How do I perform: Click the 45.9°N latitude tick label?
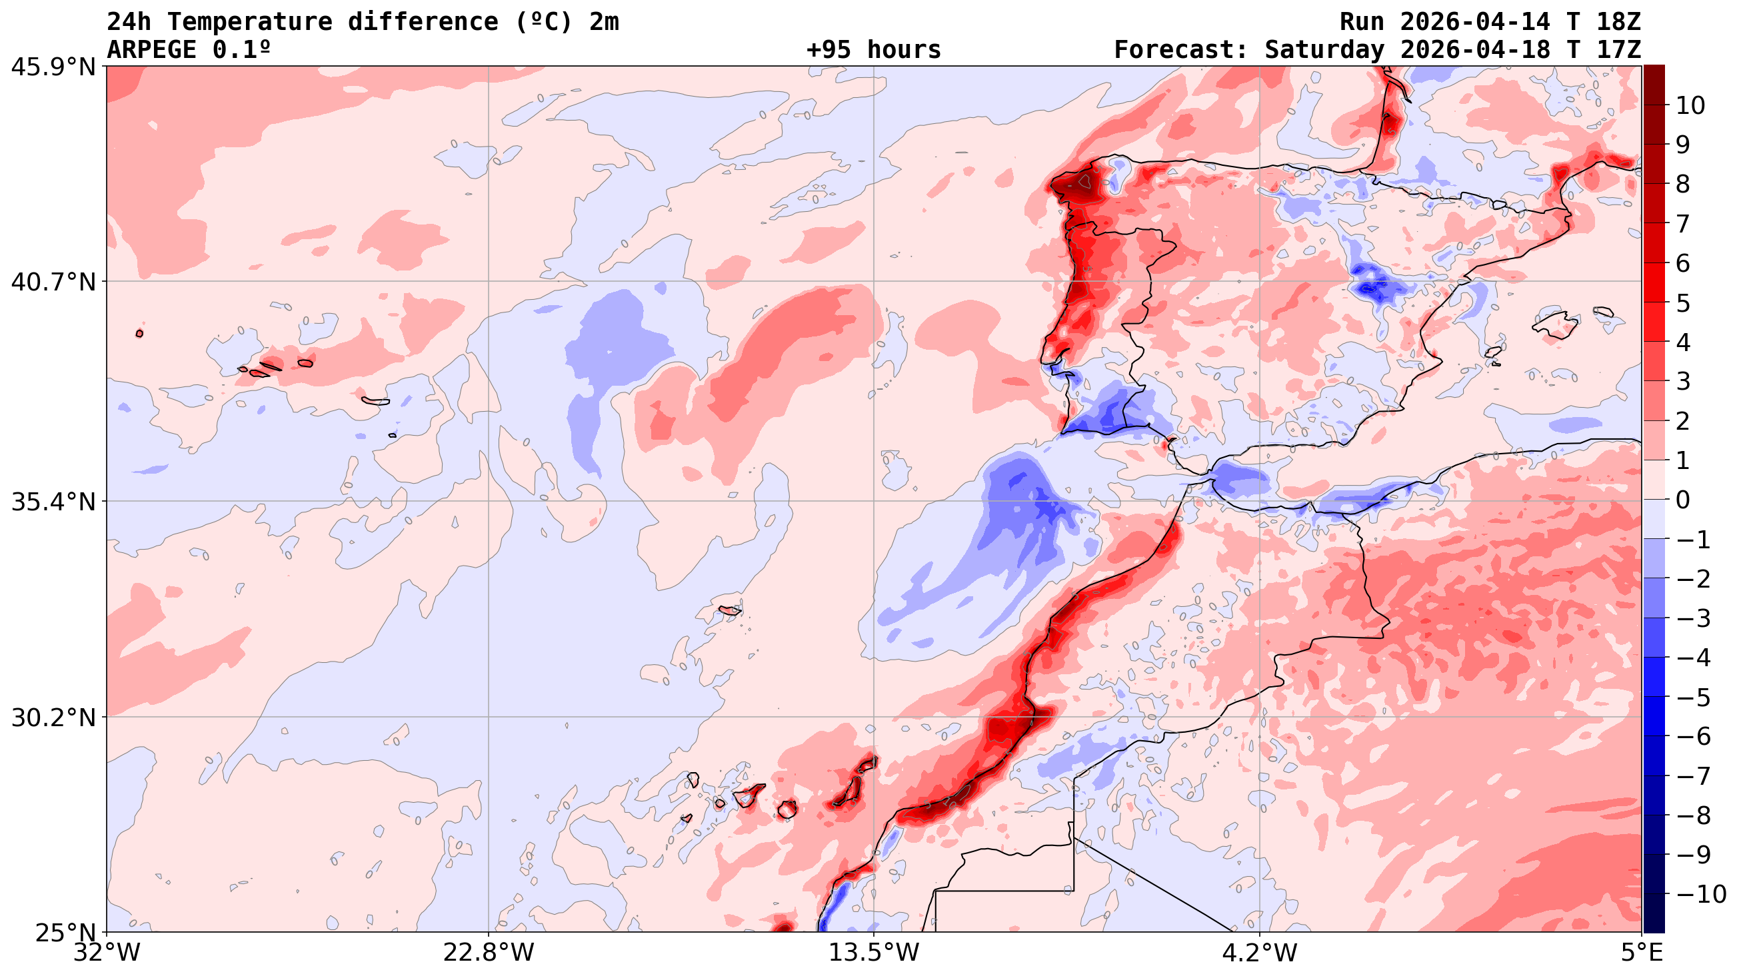[53, 67]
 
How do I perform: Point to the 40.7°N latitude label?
[53, 282]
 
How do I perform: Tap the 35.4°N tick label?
[53, 502]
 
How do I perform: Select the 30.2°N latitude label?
[53, 718]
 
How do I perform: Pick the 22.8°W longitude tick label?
[488, 953]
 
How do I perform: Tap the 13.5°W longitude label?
[874, 953]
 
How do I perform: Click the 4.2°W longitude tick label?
[1260, 953]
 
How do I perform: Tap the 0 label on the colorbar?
[1682, 500]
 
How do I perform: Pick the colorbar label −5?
[1692, 698]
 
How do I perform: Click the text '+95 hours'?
[873, 50]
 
